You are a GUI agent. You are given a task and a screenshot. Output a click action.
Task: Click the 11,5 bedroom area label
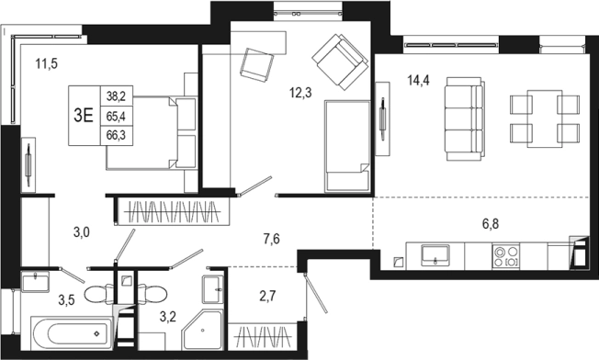tap(46, 63)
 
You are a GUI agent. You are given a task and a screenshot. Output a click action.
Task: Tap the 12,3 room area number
tap(300, 93)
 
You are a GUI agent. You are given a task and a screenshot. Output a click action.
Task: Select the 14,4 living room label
tap(418, 81)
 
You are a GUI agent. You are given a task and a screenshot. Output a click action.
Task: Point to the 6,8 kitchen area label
tap(490, 224)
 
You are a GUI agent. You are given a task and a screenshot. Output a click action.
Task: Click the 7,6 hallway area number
tap(271, 239)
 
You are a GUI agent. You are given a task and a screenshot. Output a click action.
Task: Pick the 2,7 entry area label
tap(267, 296)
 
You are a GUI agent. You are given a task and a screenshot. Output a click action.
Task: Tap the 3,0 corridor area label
tap(82, 231)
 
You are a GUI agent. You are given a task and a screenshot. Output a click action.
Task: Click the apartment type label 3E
tap(84, 116)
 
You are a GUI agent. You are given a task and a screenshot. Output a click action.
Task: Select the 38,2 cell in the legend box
tap(116, 96)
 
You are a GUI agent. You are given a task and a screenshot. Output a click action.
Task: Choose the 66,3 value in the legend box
tap(116, 136)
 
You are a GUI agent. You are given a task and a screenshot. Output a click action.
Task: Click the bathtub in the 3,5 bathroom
tap(72, 332)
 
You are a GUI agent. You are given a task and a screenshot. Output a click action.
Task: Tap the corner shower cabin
tap(203, 329)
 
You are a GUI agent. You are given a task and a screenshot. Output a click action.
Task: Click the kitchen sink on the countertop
tap(435, 255)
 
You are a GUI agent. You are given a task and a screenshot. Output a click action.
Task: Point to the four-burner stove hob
tap(506, 256)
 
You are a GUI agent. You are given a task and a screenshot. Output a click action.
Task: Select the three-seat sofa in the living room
tap(465, 118)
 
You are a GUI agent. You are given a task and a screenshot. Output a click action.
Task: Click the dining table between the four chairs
tap(545, 118)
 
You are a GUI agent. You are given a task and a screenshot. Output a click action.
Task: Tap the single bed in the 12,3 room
tap(347, 146)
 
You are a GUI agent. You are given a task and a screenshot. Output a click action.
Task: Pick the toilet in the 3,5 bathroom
tap(99, 294)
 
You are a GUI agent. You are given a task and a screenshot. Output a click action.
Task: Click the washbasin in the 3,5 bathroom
tap(35, 282)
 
